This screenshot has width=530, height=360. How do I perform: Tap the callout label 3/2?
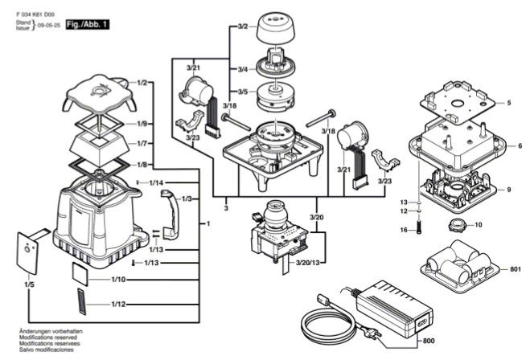[x=242, y=28]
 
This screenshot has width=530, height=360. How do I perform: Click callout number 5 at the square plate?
[x=508, y=103]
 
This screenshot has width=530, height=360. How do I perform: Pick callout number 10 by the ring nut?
[x=479, y=224]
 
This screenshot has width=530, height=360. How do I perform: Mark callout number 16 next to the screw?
[x=405, y=231]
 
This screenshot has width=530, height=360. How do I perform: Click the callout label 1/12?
[x=117, y=304]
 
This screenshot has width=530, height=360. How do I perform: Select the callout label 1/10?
[x=117, y=279]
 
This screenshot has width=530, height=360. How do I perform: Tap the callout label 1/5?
[x=29, y=284]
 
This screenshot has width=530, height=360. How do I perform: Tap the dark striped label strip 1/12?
[x=80, y=305]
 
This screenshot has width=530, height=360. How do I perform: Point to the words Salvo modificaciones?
[x=46, y=350]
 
